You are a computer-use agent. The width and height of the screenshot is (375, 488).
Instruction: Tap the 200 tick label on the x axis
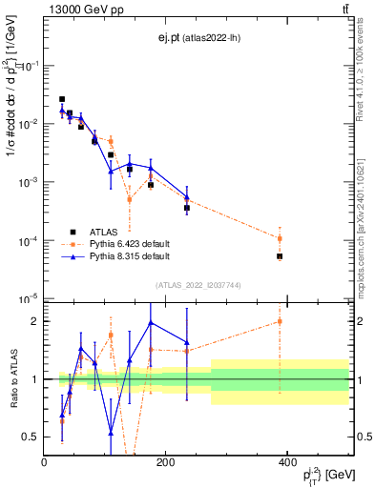click(165, 462)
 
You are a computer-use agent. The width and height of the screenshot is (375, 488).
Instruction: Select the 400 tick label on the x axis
click(287, 462)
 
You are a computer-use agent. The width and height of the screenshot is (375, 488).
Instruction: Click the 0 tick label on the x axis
click(44, 462)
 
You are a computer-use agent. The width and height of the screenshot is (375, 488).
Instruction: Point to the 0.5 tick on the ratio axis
click(31, 437)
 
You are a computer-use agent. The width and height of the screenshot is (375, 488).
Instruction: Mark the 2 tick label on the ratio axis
click(34, 321)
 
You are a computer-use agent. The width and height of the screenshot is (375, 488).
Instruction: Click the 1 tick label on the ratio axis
click(34, 379)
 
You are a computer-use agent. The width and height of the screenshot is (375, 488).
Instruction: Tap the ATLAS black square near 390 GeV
click(280, 256)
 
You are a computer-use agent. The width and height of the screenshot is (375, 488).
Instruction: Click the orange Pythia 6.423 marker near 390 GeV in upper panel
click(280, 238)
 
